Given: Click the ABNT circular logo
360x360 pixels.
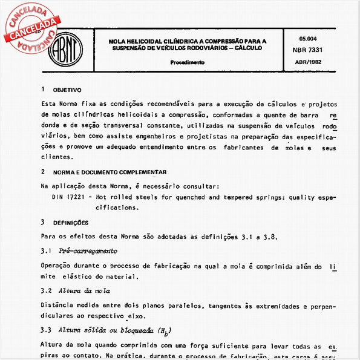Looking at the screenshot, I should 63,46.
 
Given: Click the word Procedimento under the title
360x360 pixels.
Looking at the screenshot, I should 187,62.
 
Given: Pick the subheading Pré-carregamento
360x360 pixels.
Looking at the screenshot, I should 88,250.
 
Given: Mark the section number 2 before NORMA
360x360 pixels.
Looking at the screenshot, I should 42,172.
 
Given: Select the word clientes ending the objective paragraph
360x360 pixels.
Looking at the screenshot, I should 56,157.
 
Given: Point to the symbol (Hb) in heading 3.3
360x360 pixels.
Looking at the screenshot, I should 164,332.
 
